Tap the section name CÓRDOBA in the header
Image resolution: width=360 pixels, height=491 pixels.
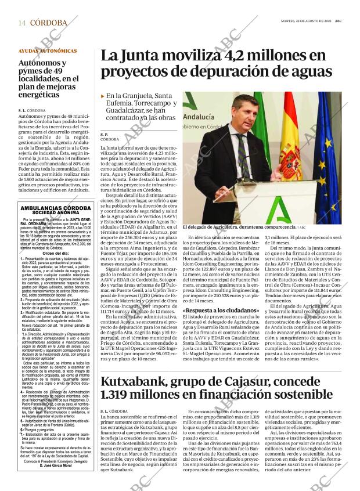pyautogui.click(x=48, y=23)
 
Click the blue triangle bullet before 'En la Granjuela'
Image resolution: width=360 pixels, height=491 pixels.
pyautogui.click(x=103, y=96)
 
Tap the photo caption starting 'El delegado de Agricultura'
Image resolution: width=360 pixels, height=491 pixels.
pyautogui.click(x=239, y=228)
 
